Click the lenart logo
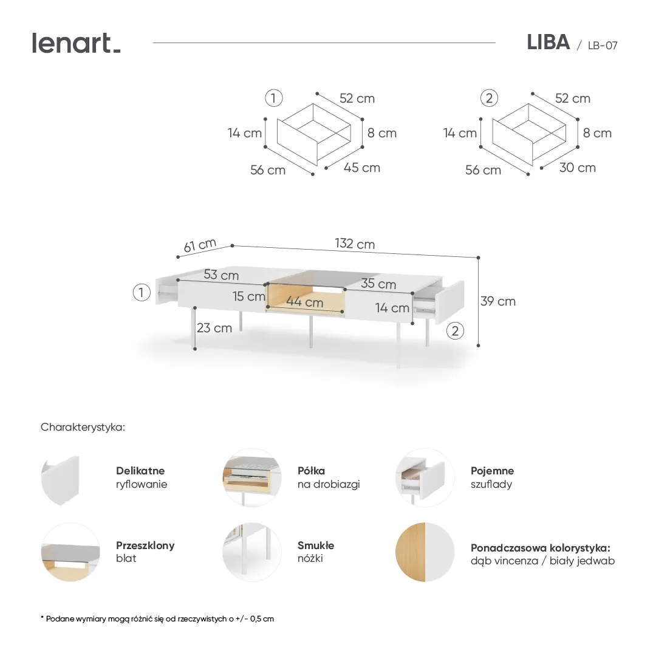[76, 43]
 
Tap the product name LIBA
[548, 43]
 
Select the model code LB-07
[602, 46]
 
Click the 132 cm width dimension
[355, 244]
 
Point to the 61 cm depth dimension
[200, 245]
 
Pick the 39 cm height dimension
[498, 301]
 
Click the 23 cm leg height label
[214, 328]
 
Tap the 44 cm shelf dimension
[305, 302]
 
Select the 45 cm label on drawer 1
[362, 168]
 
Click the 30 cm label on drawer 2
[577, 168]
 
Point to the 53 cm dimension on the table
[221, 275]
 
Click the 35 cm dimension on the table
[378, 284]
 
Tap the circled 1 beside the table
[142, 293]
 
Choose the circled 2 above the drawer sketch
[489, 98]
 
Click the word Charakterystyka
[83, 427]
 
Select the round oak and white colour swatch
[425, 552]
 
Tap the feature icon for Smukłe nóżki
[251, 552]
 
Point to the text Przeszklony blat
[145, 552]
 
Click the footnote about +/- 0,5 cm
[157, 619]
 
